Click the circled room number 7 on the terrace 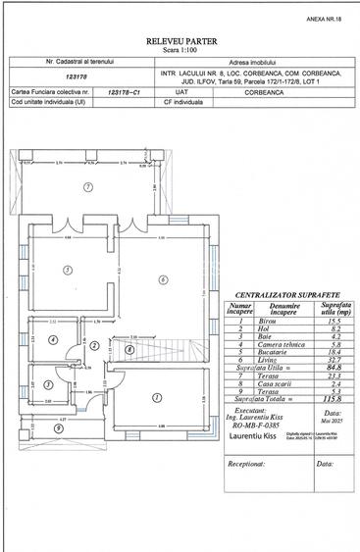[x=87, y=186]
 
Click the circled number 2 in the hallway [x=94, y=345]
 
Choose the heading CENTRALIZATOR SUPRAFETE [x=286, y=295]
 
